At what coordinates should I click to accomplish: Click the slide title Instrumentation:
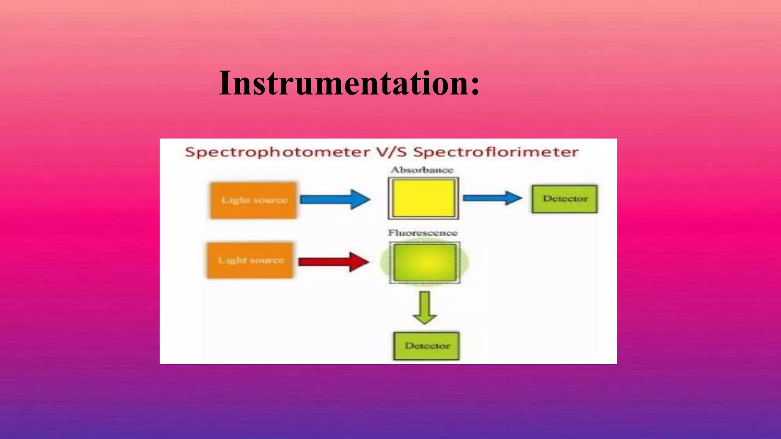(x=349, y=83)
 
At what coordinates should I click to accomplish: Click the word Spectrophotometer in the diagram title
(x=278, y=152)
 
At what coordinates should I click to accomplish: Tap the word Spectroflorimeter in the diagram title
(x=496, y=152)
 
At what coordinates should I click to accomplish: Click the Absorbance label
(x=422, y=170)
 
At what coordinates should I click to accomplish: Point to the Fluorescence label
(x=423, y=233)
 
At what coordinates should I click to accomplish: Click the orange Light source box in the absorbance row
(x=254, y=200)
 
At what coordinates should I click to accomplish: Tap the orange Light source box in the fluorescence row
(x=251, y=260)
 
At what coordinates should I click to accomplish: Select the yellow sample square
(x=423, y=199)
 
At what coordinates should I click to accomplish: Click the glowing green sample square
(x=425, y=263)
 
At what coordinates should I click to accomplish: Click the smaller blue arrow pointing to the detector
(x=492, y=198)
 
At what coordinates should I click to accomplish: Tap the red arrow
(x=334, y=262)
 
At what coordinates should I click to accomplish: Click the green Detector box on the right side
(x=565, y=199)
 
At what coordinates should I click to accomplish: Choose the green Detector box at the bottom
(x=426, y=346)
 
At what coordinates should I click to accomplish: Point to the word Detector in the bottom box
(x=427, y=346)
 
